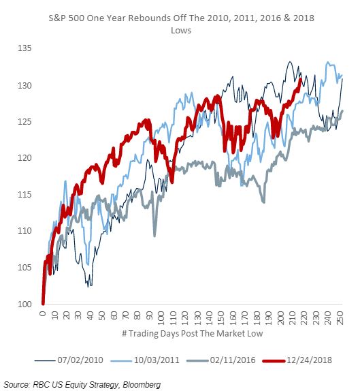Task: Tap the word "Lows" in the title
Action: coord(181,31)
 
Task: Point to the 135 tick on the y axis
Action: coord(24,48)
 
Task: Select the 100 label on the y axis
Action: coord(24,304)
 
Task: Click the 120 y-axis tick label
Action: coord(24,158)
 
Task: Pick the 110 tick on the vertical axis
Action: coord(24,231)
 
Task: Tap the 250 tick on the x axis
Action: coord(340,317)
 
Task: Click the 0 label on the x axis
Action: coord(43,313)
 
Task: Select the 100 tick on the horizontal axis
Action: coord(161,317)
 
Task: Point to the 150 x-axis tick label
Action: coord(220,317)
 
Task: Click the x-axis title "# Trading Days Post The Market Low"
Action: coord(192,333)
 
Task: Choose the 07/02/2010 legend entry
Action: coord(69,360)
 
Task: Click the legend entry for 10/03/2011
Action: coord(145,360)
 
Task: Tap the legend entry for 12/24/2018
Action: coord(297,360)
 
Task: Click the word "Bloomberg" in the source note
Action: coord(142,384)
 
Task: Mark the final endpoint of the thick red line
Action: coord(301,80)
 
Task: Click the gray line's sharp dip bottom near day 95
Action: coord(154,236)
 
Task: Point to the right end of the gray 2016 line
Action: coord(342,111)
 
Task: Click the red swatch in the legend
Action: coord(274,360)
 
